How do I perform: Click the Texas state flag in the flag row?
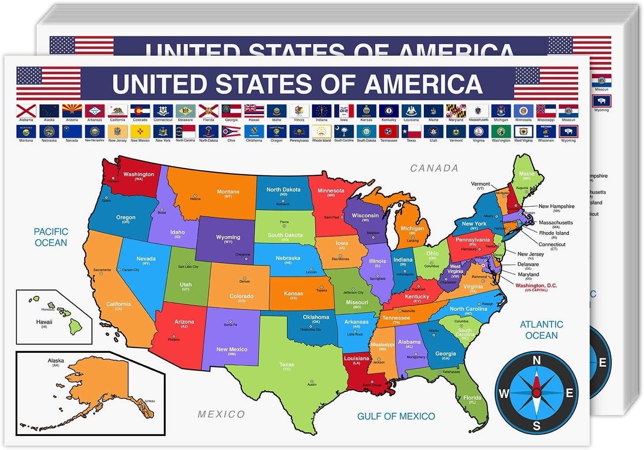411,131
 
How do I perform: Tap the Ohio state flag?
231,131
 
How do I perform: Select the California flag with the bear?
117,110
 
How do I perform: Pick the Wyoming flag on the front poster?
568,131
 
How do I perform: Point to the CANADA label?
434,168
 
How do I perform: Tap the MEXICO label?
221,414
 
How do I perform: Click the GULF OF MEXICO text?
396,416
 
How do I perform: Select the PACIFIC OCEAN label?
51,237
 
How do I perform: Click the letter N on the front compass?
537,360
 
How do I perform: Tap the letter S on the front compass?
536,426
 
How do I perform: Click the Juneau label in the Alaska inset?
150,401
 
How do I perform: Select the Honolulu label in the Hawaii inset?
48,310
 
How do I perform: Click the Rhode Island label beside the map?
554,233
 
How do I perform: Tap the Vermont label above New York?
480,184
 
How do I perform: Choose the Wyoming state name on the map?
228,237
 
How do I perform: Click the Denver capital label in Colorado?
245,281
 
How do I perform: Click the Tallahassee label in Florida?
452,372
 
